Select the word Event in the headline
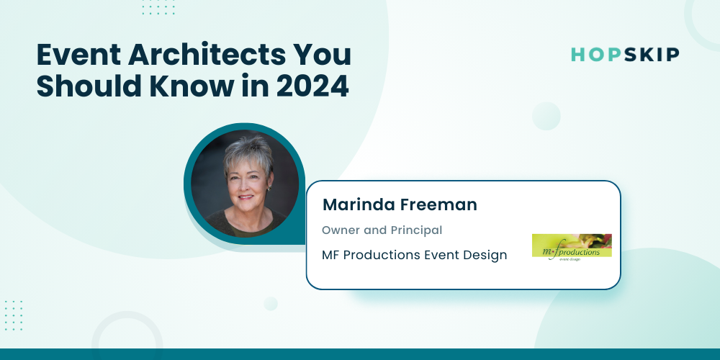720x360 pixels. [x=79, y=55]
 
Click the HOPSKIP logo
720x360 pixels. [x=625, y=55]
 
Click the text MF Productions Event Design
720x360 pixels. [x=414, y=255]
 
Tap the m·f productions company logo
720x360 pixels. [x=572, y=248]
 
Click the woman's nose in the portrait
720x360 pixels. [x=246, y=187]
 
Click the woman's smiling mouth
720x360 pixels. [x=246, y=197]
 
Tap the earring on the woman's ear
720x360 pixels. [x=269, y=188]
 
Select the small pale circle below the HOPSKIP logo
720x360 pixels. [x=546, y=116]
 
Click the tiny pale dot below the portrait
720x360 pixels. [x=271, y=304]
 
